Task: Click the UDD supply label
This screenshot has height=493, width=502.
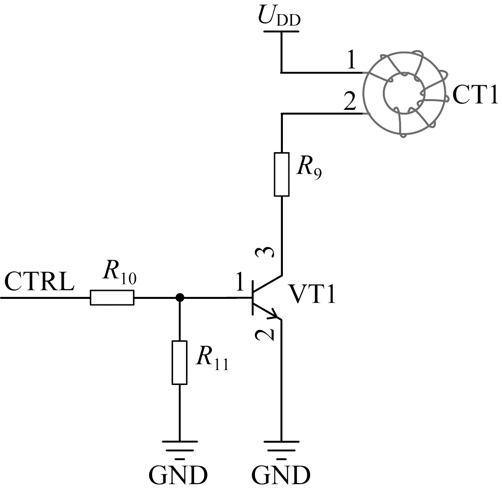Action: click(279, 16)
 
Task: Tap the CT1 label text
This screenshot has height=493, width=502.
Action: click(475, 95)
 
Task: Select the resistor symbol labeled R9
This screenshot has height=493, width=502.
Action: click(282, 174)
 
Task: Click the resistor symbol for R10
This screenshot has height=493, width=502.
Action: click(112, 297)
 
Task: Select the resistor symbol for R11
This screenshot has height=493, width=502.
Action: click(180, 363)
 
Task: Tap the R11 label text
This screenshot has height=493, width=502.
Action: click(213, 358)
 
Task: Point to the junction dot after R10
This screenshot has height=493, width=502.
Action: click(180, 297)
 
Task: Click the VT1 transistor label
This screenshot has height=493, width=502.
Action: click(312, 294)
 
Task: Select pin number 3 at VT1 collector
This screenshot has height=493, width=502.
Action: click(265, 252)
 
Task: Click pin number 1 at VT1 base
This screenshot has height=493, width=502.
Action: click(239, 282)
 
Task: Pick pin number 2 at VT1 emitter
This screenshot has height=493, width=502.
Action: click(265, 335)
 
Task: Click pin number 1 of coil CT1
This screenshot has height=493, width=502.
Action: click(352, 60)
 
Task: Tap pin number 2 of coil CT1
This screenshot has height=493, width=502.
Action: click(349, 101)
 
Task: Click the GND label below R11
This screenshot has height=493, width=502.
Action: click(178, 475)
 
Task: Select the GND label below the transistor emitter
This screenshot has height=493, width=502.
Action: click(281, 475)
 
